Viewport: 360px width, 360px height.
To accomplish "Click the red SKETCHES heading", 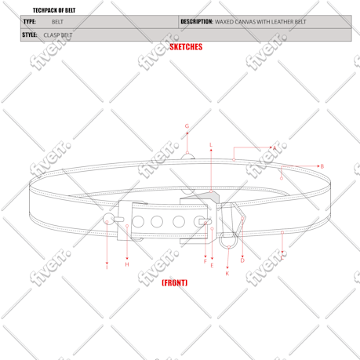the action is tap(186, 47).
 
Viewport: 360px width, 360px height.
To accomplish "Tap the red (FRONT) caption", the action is tap(174, 282).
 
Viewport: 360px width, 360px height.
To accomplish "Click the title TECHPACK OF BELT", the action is tap(54, 10).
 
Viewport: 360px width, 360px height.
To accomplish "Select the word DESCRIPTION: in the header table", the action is tap(197, 21).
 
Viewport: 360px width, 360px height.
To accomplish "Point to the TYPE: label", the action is tap(30, 21).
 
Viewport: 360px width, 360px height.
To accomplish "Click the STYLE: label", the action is tap(30, 35).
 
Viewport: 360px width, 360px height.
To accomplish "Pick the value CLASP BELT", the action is tap(58, 35).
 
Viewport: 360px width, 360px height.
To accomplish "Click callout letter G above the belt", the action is tap(187, 126).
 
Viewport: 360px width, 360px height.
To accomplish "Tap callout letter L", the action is tap(211, 145).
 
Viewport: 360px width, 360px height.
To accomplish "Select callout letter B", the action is tap(322, 166).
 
